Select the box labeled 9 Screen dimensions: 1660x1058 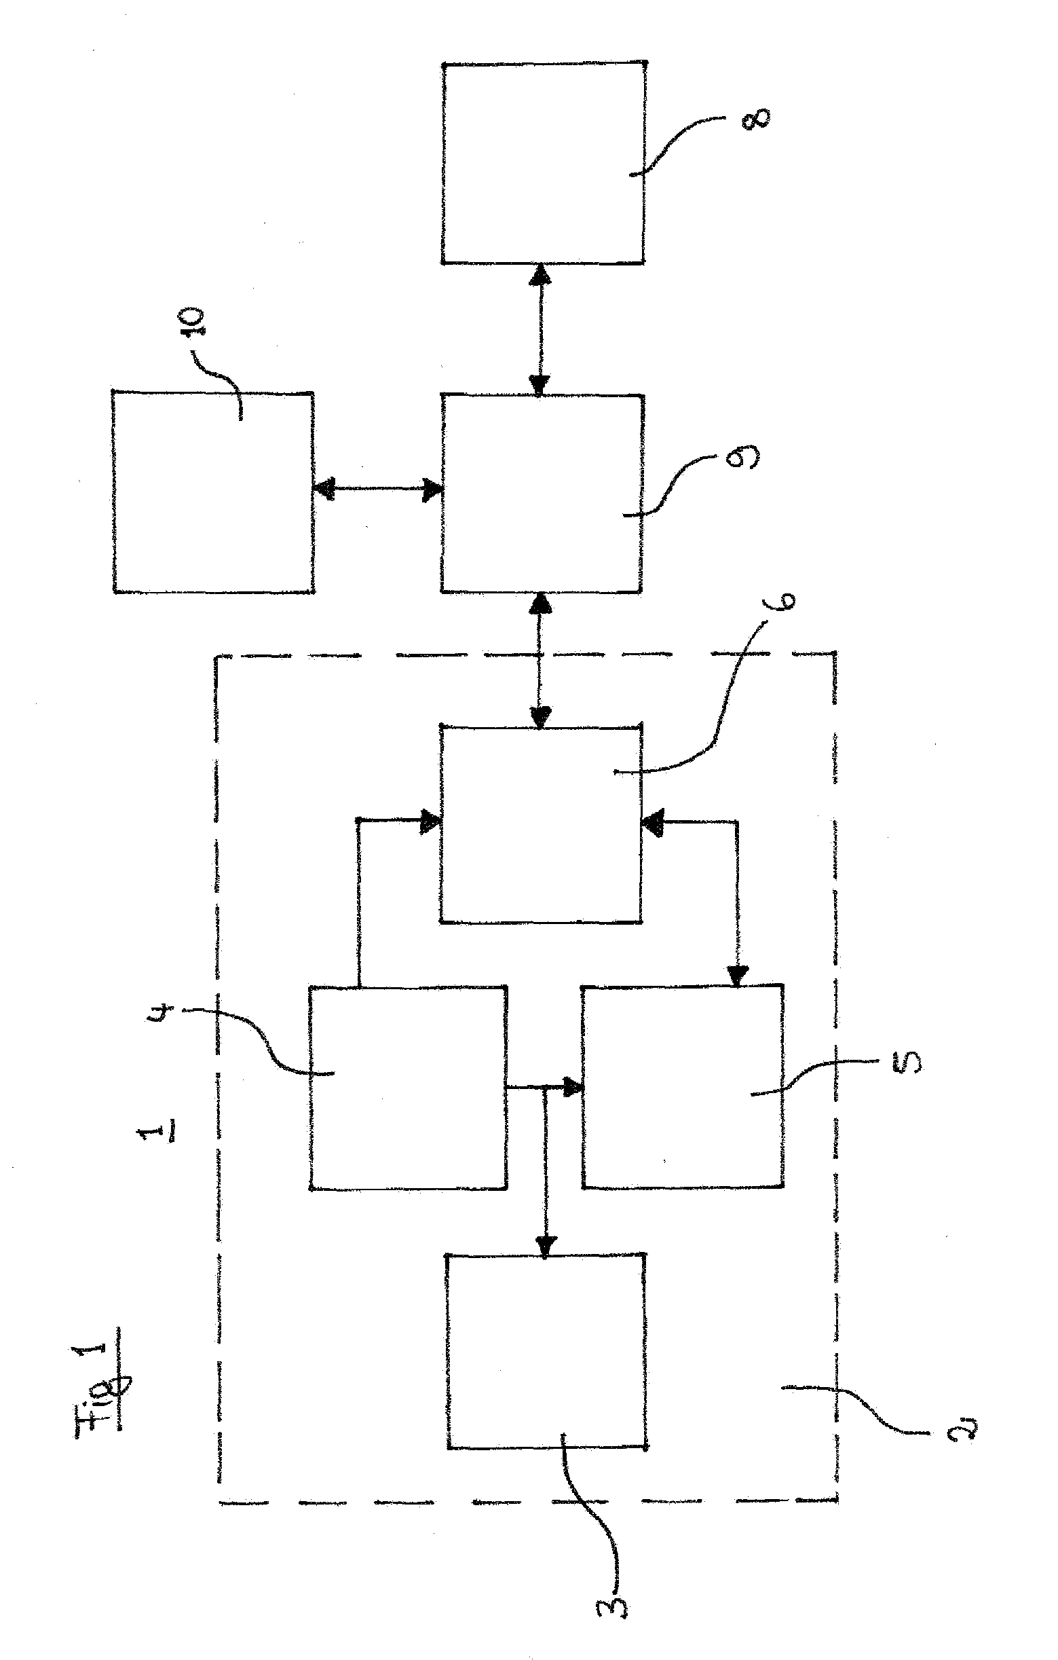point(542,493)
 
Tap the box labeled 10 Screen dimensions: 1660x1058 point(214,492)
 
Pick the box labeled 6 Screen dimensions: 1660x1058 point(541,824)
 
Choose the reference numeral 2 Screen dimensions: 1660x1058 point(961,1432)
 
